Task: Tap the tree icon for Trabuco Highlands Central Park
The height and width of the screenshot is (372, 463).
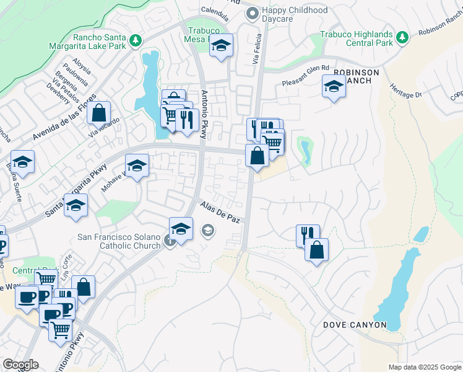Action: tap(402, 38)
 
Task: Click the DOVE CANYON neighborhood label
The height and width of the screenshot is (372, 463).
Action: tap(355, 325)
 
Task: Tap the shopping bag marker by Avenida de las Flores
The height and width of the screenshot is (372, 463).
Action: tap(98, 113)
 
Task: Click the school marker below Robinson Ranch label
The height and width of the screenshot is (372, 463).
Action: tap(334, 87)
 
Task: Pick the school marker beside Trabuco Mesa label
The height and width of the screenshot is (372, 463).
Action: tap(221, 46)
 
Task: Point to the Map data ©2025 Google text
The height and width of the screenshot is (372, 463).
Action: tap(425, 367)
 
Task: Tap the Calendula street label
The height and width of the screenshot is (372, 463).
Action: tap(215, 11)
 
